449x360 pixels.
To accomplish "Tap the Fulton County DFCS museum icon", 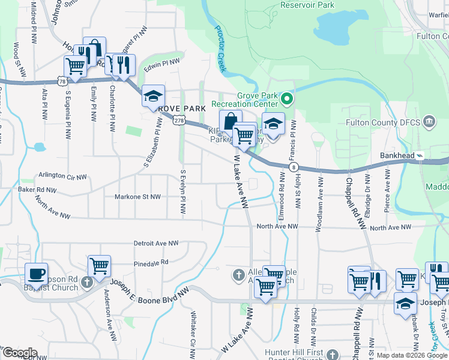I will point(429,122).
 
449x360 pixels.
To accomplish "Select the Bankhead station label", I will point(397,155).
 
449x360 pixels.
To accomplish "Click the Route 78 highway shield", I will point(62,80).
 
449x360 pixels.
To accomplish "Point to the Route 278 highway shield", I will point(178,120).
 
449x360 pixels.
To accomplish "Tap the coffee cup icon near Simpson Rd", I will point(36,274).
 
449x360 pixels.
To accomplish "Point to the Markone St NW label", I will point(138,196).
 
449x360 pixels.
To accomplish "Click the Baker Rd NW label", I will point(36,190).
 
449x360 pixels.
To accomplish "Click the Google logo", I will point(20,353).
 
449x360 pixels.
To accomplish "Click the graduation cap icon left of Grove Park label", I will point(153,96).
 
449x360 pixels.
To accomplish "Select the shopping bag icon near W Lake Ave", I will point(231,121).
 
